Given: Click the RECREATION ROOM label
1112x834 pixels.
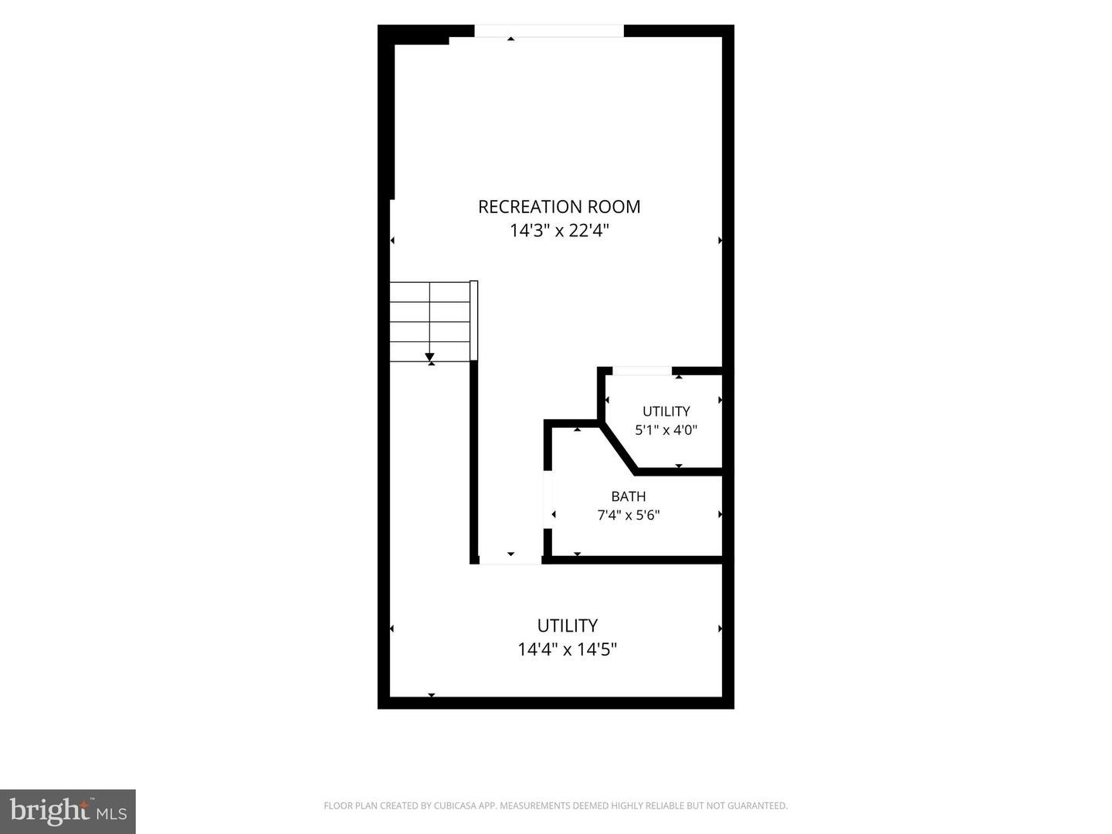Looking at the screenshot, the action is coord(559,207).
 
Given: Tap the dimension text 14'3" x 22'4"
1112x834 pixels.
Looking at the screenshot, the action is coord(559,230).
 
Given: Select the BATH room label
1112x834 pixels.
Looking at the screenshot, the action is coord(628,497).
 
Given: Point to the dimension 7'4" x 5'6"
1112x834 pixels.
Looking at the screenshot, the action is coord(628,515).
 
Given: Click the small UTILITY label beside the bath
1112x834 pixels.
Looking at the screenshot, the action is coord(666,411).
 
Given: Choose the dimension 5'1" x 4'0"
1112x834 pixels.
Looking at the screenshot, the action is coord(666,430).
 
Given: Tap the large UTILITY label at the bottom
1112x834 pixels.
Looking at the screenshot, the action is coord(567,625).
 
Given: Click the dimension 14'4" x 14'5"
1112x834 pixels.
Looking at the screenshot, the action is coord(567,649).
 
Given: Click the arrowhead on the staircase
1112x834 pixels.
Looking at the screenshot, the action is coord(429,357).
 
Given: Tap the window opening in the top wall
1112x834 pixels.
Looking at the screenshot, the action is coord(548,31).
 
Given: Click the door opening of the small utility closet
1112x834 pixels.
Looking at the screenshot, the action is coord(642,371).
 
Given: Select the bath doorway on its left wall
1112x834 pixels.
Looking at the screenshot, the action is coord(548,500).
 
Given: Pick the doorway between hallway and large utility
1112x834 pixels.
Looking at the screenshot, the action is coord(510,560).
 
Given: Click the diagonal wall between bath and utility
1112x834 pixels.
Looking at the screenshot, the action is coord(618,448).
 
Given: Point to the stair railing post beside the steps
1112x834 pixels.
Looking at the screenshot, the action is coord(473,320).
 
